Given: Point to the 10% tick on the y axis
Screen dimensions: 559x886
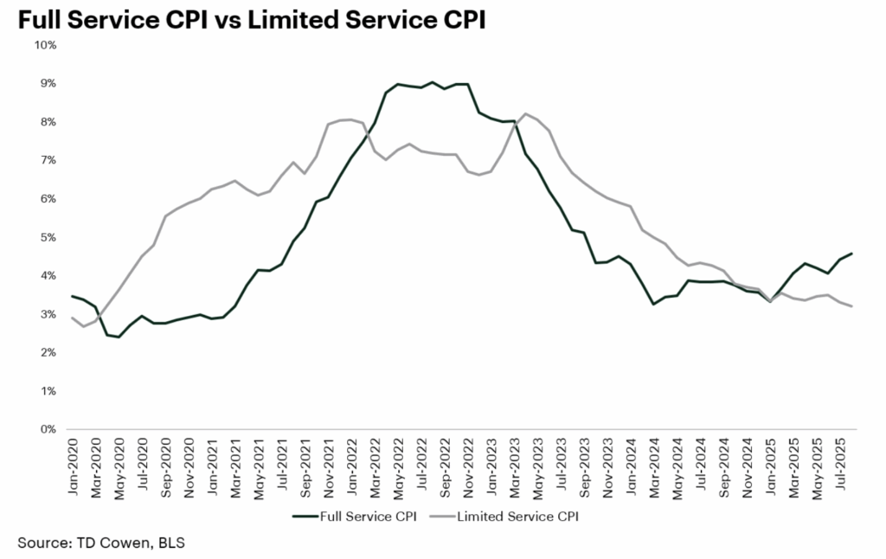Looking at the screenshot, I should pos(46,45).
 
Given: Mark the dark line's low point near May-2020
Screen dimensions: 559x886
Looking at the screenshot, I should pos(119,337).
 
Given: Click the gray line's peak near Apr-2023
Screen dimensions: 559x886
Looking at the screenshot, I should pos(525,113).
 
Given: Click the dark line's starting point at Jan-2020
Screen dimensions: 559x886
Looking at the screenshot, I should pos(72,296).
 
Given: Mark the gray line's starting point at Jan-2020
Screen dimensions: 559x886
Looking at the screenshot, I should pos(72,318).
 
